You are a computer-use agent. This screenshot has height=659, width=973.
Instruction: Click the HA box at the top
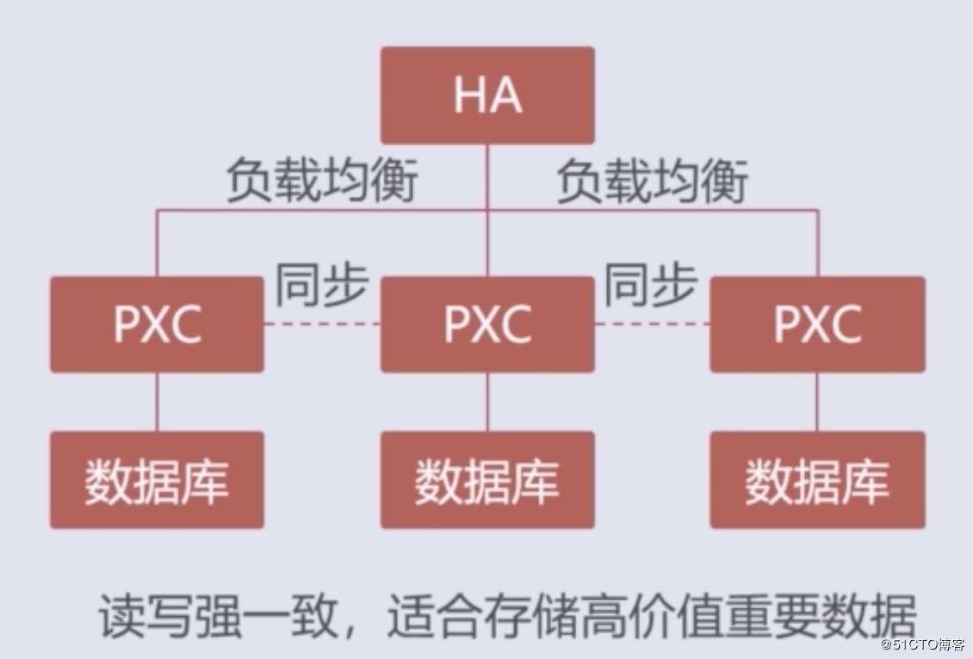(x=487, y=95)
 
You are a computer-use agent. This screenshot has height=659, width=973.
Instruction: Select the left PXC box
(x=157, y=324)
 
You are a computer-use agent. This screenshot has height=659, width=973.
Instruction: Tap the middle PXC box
(x=487, y=324)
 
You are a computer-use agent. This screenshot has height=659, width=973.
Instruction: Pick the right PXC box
(x=817, y=324)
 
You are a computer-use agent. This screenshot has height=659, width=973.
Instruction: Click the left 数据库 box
(x=157, y=480)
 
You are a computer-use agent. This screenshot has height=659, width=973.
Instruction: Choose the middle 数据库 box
(x=487, y=480)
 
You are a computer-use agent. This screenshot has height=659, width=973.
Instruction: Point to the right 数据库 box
(x=817, y=480)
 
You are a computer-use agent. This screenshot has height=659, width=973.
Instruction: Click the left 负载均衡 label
(x=321, y=182)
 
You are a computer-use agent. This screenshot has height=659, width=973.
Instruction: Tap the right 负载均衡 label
(x=652, y=182)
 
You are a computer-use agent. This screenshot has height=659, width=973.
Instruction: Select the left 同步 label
(x=321, y=285)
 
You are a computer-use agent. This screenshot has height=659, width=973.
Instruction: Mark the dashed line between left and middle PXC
(x=322, y=324)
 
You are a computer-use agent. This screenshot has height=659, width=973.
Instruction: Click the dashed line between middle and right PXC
(x=652, y=324)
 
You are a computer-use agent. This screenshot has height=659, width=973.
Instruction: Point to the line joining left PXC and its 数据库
(x=157, y=402)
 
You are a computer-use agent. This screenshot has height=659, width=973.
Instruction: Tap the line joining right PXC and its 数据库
(x=817, y=402)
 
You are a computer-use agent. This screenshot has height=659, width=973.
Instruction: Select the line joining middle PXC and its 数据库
(x=487, y=402)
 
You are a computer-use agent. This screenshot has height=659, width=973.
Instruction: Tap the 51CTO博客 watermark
(x=925, y=644)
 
